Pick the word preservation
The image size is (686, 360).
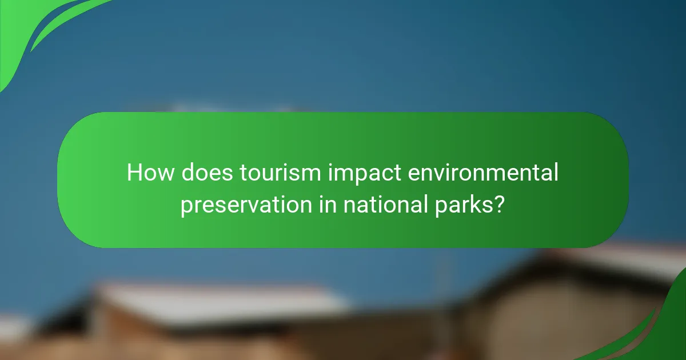pyautogui.click(x=245, y=205)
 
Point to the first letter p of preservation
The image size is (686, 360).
pyautogui.click(x=186, y=207)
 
